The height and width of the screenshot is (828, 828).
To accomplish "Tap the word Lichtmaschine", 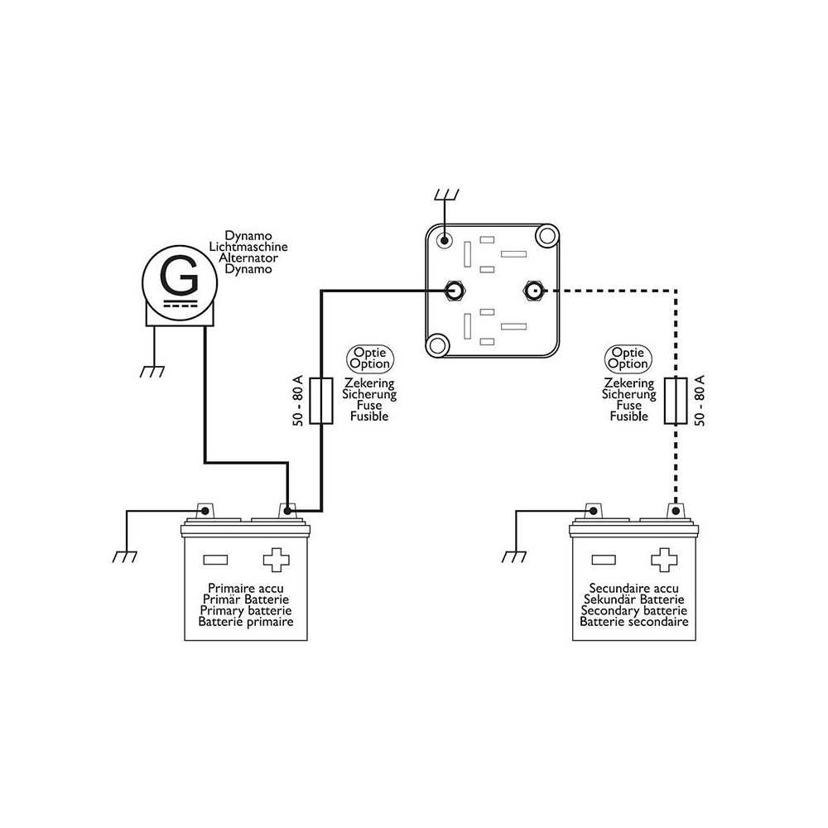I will (x=248, y=247).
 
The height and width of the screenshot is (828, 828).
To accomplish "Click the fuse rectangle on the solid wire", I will (x=320, y=401).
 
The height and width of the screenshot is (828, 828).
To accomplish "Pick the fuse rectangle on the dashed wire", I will (x=676, y=401).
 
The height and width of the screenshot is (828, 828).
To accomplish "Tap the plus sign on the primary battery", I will (x=276, y=560).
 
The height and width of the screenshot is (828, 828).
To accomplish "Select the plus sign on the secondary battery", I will (x=664, y=560).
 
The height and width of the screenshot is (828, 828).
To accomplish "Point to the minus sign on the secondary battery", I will (x=604, y=560).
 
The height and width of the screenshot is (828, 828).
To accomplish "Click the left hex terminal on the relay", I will (x=454, y=291).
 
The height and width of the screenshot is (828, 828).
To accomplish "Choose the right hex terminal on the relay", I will (x=532, y=291).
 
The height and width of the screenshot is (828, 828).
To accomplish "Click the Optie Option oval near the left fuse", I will (x=369, y=359).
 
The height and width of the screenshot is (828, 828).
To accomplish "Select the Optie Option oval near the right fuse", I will (x=628, y=359).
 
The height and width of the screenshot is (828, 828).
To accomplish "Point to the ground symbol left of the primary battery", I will (x=125, y=556).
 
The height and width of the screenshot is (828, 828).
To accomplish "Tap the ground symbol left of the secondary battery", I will (x=514, y=556).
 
